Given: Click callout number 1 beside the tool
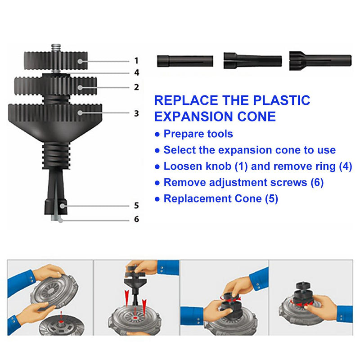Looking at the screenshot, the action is pyautogui.click(x=136, y=61).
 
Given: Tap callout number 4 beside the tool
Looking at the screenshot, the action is pyautogui.click(x=137, y=72).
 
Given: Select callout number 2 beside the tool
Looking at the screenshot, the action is pyautogui.click(x=137, y=87).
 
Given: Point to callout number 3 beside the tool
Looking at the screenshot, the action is pyautogui.click(x=137, y=113).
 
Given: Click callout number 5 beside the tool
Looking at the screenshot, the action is pyautogui.click(x=137, y=206).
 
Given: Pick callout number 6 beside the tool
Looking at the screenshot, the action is pyautogui.click(x=137, y=219).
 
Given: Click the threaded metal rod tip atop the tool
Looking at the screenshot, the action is pyautogui.click(x=56, y=48).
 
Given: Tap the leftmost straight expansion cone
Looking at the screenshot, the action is pyautogui.click(x=185, y=61).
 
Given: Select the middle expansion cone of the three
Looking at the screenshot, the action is pyautogui.click(x=252, y=61).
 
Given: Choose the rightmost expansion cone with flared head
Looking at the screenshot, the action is pyautogui.click(x=320, y=61).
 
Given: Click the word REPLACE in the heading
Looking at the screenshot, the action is pyautogui.click(x=186, y=100).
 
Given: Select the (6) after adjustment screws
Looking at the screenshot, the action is pyautogui.click(x=317, y=183).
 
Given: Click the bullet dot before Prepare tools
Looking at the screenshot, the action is pyautogui.click(x=157, y=134).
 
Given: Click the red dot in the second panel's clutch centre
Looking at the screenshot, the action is pyautogui.click(x=135, y=318).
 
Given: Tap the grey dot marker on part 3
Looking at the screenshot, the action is pyautogui.click(x=80, y=113).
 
